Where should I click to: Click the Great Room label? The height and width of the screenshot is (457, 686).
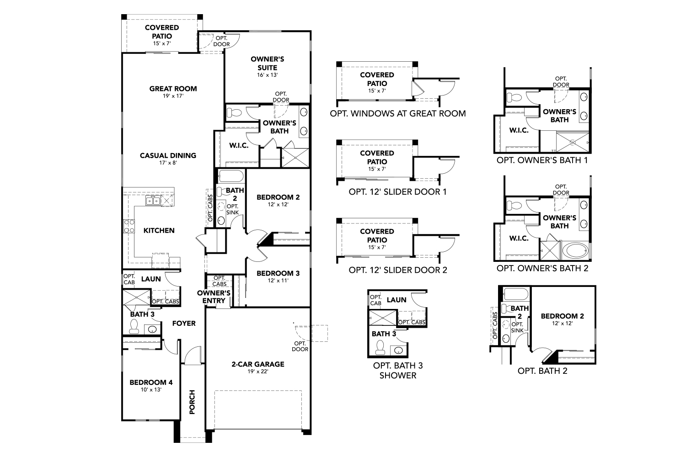173,89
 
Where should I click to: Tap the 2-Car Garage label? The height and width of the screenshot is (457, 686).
257,364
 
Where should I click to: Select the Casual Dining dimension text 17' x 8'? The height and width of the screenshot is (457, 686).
168,163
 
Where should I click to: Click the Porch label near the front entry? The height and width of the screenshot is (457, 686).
192,402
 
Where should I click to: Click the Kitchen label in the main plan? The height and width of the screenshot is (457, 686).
159,230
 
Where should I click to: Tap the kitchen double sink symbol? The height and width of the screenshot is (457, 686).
153,200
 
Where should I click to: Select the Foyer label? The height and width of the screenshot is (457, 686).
183,323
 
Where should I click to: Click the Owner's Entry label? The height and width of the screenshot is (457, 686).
214,297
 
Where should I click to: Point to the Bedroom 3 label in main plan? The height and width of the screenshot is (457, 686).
278,273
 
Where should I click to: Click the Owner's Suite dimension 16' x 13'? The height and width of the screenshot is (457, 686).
268,74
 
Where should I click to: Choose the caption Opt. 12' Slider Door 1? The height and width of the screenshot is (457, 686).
397,191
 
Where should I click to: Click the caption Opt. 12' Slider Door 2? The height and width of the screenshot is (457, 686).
397,270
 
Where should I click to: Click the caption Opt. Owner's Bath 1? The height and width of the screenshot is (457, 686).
542,160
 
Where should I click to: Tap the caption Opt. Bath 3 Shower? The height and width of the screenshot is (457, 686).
395,370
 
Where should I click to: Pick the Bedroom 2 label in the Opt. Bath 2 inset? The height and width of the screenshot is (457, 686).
562,316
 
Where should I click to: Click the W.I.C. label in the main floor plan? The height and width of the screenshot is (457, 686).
238,145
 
